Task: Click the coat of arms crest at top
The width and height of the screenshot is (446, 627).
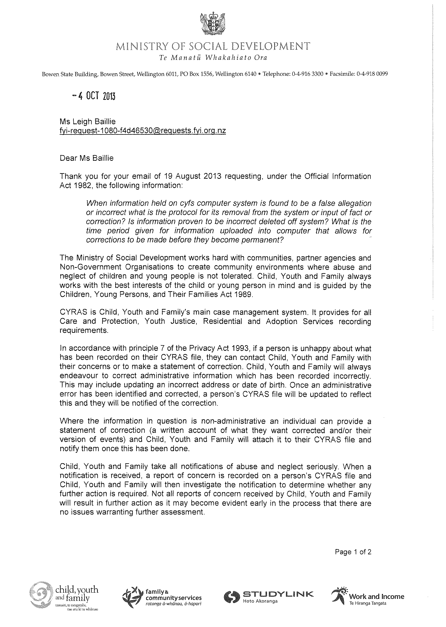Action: point(213,25)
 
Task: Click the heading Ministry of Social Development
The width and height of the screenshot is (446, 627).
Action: point(213,46)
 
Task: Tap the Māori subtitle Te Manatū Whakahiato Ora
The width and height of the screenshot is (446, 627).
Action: point(213,58)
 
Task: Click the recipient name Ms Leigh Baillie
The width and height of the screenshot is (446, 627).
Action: point(88,121)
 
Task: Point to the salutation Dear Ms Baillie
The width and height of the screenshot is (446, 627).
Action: point(87,158)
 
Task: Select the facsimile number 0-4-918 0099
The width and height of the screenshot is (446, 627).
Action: point(372,74)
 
